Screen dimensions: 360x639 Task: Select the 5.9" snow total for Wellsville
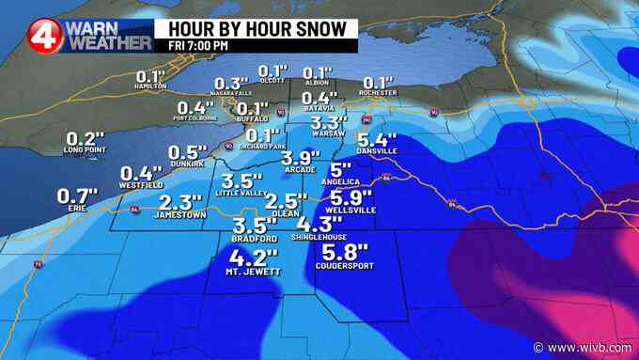tap(351, 197)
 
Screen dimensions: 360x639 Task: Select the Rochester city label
tap(377, 92)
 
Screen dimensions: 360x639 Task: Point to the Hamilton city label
tap(150, 86)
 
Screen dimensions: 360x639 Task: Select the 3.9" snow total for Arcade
tap(302, 158)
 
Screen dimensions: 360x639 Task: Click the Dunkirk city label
tap(186, 164)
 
